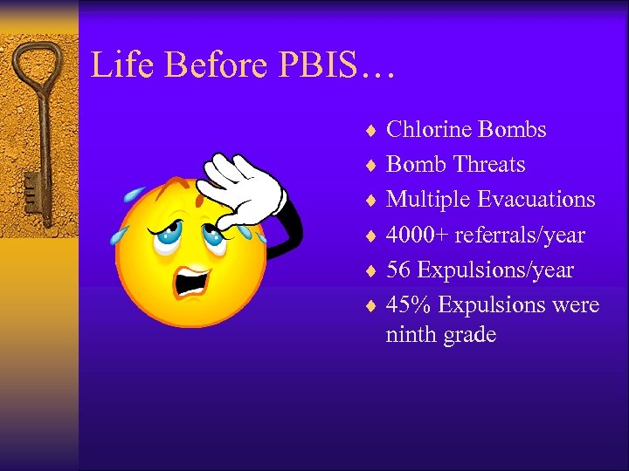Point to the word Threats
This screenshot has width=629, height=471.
[484, 165]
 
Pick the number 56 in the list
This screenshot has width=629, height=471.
[398, 270]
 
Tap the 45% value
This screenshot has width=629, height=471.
[408, 305]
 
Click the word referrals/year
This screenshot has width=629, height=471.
[521, 235]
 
